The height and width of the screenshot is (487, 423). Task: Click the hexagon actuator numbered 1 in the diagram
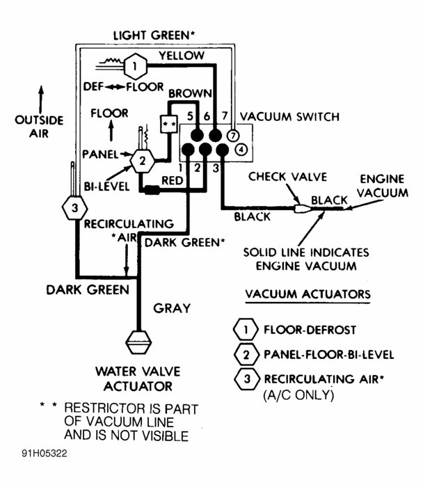136,68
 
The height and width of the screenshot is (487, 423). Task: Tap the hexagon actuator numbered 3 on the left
73,207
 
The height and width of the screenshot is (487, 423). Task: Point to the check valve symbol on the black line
302,207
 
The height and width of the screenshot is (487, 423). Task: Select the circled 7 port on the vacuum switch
233,134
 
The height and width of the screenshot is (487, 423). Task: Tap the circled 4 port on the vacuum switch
240,149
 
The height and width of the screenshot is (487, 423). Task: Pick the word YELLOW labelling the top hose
182,55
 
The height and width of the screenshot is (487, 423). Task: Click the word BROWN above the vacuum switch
186,93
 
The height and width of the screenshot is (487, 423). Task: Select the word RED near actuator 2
172,181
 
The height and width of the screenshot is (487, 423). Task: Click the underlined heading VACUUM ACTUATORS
308,294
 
